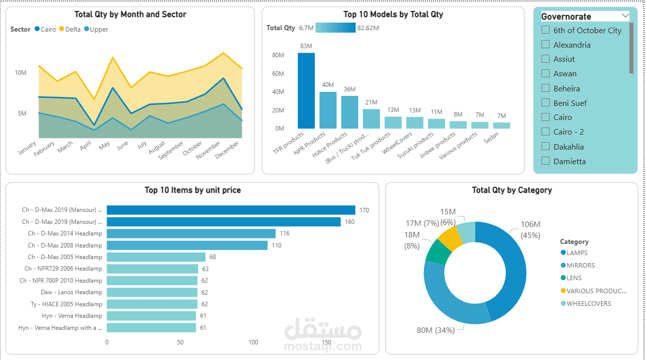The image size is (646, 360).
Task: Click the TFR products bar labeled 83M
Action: (x=306, y=90)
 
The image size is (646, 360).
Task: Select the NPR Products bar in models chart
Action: (x=328, y=110)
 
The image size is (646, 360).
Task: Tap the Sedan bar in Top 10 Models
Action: (x=501, y=125)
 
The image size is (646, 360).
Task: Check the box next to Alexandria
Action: (x=546, y=45)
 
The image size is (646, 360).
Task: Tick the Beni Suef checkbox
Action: (x=546, y=103)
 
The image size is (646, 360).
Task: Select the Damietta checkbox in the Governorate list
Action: (x=546, y=161)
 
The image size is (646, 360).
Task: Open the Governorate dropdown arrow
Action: (x=625, y=16)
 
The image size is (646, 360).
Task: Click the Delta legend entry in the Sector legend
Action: (x=69, y=29)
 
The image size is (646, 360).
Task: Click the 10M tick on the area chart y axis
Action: (x=21, y=73)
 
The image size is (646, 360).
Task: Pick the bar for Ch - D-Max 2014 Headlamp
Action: (x=191, y=233)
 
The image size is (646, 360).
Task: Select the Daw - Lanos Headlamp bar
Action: (x=152, y=292)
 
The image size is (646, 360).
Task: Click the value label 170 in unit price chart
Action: (x=364, y=210)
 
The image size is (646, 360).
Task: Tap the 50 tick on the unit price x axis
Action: (x=180, y=342)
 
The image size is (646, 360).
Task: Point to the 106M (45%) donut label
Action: (x=530, y=229)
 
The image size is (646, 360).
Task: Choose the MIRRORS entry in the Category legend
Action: (x=580, y=265)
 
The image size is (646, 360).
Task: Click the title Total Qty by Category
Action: (x=511, y=190)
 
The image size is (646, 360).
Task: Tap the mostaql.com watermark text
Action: (x=322, y=346)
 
